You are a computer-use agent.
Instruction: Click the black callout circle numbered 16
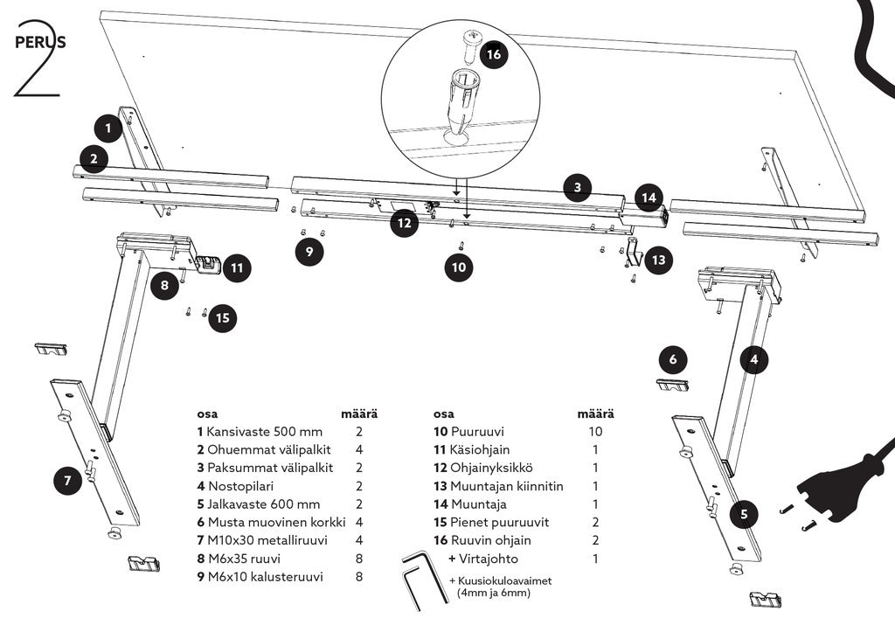coord(494,54)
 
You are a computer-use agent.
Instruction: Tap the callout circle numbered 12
coord(405,223)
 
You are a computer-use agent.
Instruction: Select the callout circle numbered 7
coord(68,481)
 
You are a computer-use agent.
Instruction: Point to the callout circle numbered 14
coord(649,198)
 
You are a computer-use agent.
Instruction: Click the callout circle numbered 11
coord(237,267)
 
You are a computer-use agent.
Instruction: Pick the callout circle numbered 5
coord(745,514)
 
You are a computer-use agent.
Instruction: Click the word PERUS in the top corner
coord(40,42)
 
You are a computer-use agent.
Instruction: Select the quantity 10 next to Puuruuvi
coord(595,432)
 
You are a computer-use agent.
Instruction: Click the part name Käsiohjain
coord(480,450)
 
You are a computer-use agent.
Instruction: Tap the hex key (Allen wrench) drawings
coord(424,580)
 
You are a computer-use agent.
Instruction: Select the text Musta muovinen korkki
coord(277,522)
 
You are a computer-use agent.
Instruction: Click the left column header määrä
coord(359,413)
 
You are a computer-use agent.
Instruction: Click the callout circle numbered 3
coord(578,187)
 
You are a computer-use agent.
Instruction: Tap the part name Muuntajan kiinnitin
coord(507,486)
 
